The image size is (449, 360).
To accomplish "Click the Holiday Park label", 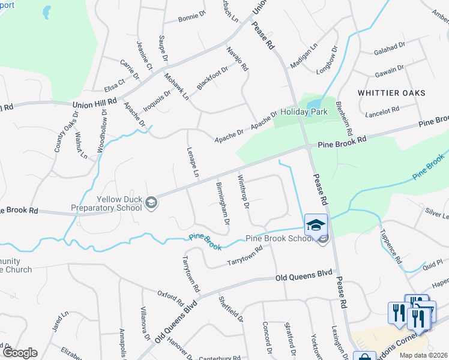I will (x=303, y=112).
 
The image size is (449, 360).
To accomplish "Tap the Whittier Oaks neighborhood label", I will (x=391, y=93).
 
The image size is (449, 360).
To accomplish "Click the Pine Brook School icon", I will (x=316, y=225).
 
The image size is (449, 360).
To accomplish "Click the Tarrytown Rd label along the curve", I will (x=245, y=257).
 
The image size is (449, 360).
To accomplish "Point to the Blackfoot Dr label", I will (x=212, y=79).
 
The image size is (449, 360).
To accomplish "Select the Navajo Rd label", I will (x=237, y=59).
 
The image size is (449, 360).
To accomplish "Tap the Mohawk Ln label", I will (x=177, y=86).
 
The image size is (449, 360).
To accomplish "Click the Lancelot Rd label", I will (x=382, y=110).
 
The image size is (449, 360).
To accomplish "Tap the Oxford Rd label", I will (x=170, y=296).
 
